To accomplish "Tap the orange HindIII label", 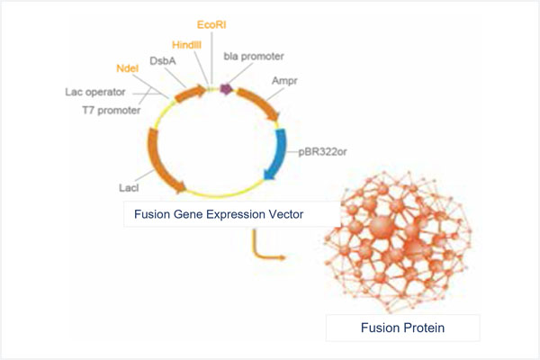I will tap(191, 43).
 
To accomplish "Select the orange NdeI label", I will tap(129, 68).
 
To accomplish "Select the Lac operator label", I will tap(97, 92).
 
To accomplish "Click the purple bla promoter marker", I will tap(226, 89).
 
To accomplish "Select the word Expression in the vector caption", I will tap(235, 214).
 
